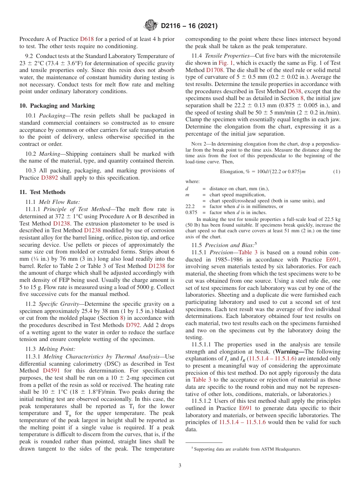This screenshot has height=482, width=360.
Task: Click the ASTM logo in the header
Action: (x=151, y=26)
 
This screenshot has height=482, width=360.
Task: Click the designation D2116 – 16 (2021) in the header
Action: (x=189, y=26)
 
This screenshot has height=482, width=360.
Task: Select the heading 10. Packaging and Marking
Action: (x=57, y=106)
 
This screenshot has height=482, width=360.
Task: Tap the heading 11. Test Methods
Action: (x=42, y=192)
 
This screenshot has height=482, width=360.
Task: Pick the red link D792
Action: (x=133, y=325)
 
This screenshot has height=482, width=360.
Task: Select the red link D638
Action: (x=294, y=91)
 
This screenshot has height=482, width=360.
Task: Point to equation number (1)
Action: (x=337, y=172)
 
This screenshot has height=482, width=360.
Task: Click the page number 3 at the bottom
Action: (x=180, y=465)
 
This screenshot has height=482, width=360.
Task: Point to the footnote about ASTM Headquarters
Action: (x=246, y=449)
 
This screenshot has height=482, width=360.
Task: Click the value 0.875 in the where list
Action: (x=191, y=213)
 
